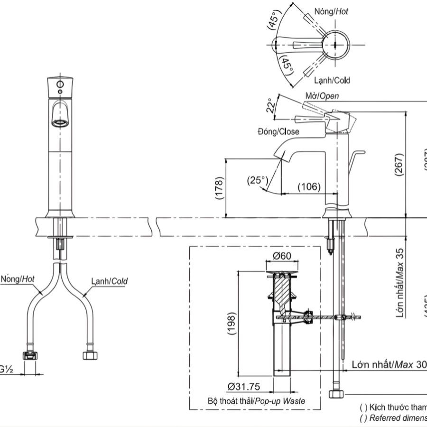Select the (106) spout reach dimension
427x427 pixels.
[309, 187]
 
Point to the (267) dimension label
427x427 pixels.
[399, 165]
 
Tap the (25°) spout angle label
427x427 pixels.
[258, 180]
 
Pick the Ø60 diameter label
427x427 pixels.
[282, 257]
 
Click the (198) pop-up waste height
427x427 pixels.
[231, 324]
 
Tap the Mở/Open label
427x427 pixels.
[322, 96]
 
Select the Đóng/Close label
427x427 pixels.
[278, 131]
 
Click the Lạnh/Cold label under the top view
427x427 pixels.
[332, 81]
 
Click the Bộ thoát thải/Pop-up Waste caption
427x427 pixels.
[256, 401]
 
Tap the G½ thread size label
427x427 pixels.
[7, 368]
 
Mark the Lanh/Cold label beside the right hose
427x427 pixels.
[110, 281]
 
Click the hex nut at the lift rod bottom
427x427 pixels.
[337, 394]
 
